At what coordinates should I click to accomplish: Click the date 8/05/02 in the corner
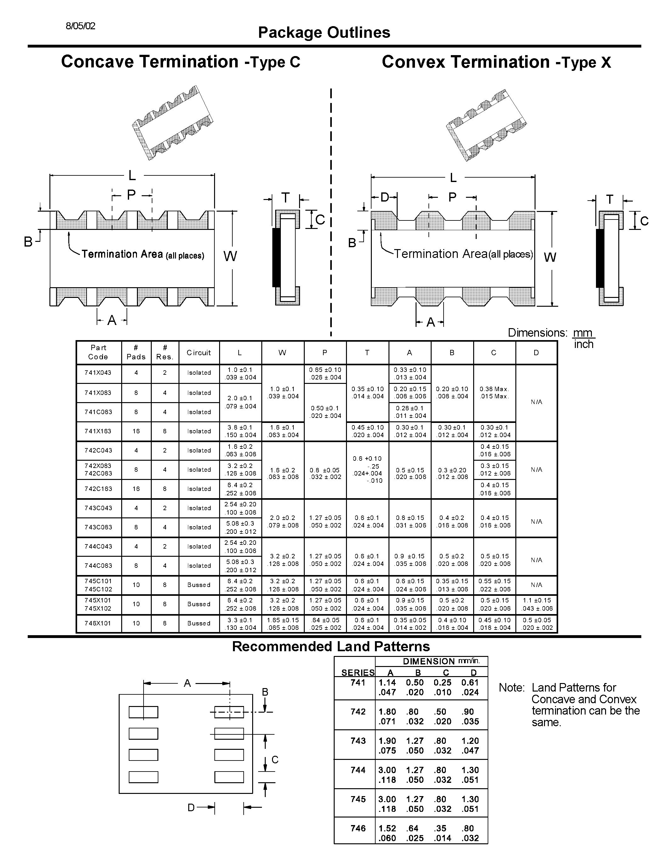[81, 26]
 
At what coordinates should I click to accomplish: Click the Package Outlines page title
[324, 32]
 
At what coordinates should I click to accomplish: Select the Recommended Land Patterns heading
[331, 646]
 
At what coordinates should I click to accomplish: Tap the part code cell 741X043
[98, 373]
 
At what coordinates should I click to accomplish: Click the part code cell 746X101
[98, 623]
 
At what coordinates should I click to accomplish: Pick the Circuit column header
[199, 352]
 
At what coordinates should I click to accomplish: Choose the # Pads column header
[136, 352]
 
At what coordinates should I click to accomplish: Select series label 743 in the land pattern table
[358, 741]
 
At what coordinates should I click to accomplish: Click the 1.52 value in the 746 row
[387, 828]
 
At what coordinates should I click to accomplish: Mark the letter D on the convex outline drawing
[385, 197]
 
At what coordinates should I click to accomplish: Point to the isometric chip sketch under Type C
[173, 122]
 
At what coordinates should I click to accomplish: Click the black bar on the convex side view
[600, 259]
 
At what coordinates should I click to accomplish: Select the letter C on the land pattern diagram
[275, 760]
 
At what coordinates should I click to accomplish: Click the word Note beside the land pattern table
[512, 687]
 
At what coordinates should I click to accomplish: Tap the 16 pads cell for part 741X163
[136, 431]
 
